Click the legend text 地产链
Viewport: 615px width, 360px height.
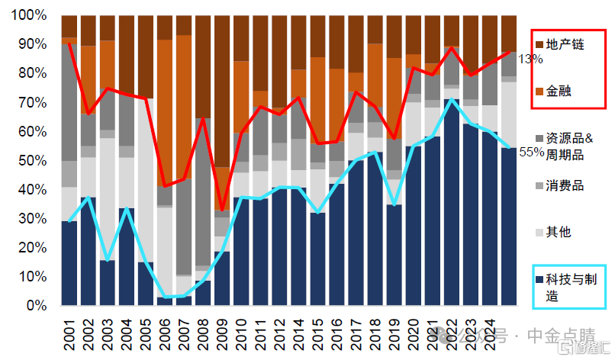click(565, 45)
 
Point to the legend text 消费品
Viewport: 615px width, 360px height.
click(565, 185)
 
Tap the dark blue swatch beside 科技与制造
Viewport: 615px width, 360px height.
click(539, 279)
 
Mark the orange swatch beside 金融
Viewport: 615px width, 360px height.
click(539, 92)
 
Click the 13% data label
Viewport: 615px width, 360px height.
click(531, 59)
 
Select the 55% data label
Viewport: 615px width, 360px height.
click(531, 152)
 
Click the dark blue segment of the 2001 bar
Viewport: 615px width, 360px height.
click(69, 263)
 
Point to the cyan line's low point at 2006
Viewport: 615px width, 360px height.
click(165, 297)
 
